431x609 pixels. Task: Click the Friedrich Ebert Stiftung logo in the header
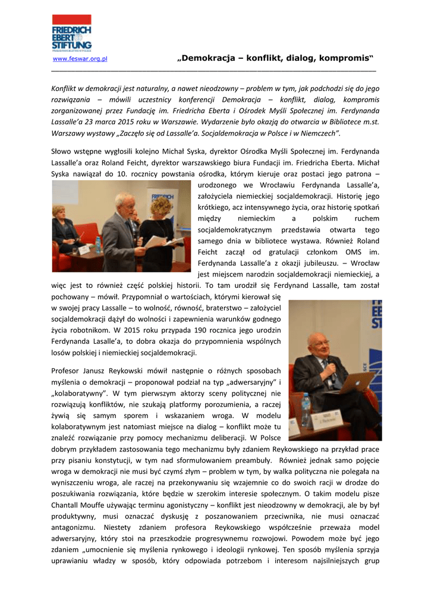click(x=71, y=33)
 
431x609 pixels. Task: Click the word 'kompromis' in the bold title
click(x=345, y=58)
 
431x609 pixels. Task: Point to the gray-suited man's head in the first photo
click(x=125, y=203)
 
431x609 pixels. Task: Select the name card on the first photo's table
click(x=84, y=249)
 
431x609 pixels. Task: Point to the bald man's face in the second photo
click(x=318, y=345)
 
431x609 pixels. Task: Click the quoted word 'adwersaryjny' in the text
click(x=253, y=382)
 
